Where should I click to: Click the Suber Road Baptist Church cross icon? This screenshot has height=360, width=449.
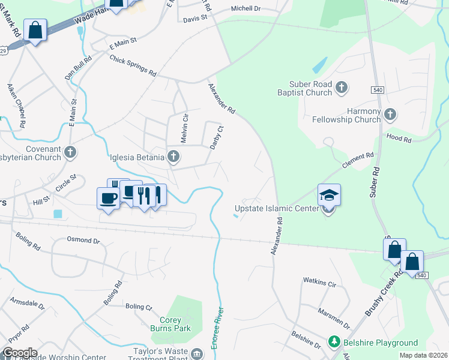342,88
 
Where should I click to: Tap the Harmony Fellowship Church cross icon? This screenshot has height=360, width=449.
390,113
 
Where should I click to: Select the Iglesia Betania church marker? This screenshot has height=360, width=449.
173,157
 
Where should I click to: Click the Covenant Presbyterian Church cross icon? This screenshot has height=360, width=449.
71,152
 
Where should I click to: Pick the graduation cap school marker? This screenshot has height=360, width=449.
329,195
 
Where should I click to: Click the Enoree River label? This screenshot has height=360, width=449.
218,329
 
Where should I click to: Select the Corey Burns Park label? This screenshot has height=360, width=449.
175,324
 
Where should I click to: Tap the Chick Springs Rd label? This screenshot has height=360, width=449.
133,65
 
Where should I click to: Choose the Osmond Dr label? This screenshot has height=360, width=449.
83,241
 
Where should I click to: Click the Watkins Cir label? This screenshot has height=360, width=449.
319,280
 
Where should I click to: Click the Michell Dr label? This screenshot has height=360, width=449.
246,9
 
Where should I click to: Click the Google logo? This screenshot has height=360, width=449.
20,353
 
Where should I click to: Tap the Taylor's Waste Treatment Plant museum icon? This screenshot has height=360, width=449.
197,353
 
